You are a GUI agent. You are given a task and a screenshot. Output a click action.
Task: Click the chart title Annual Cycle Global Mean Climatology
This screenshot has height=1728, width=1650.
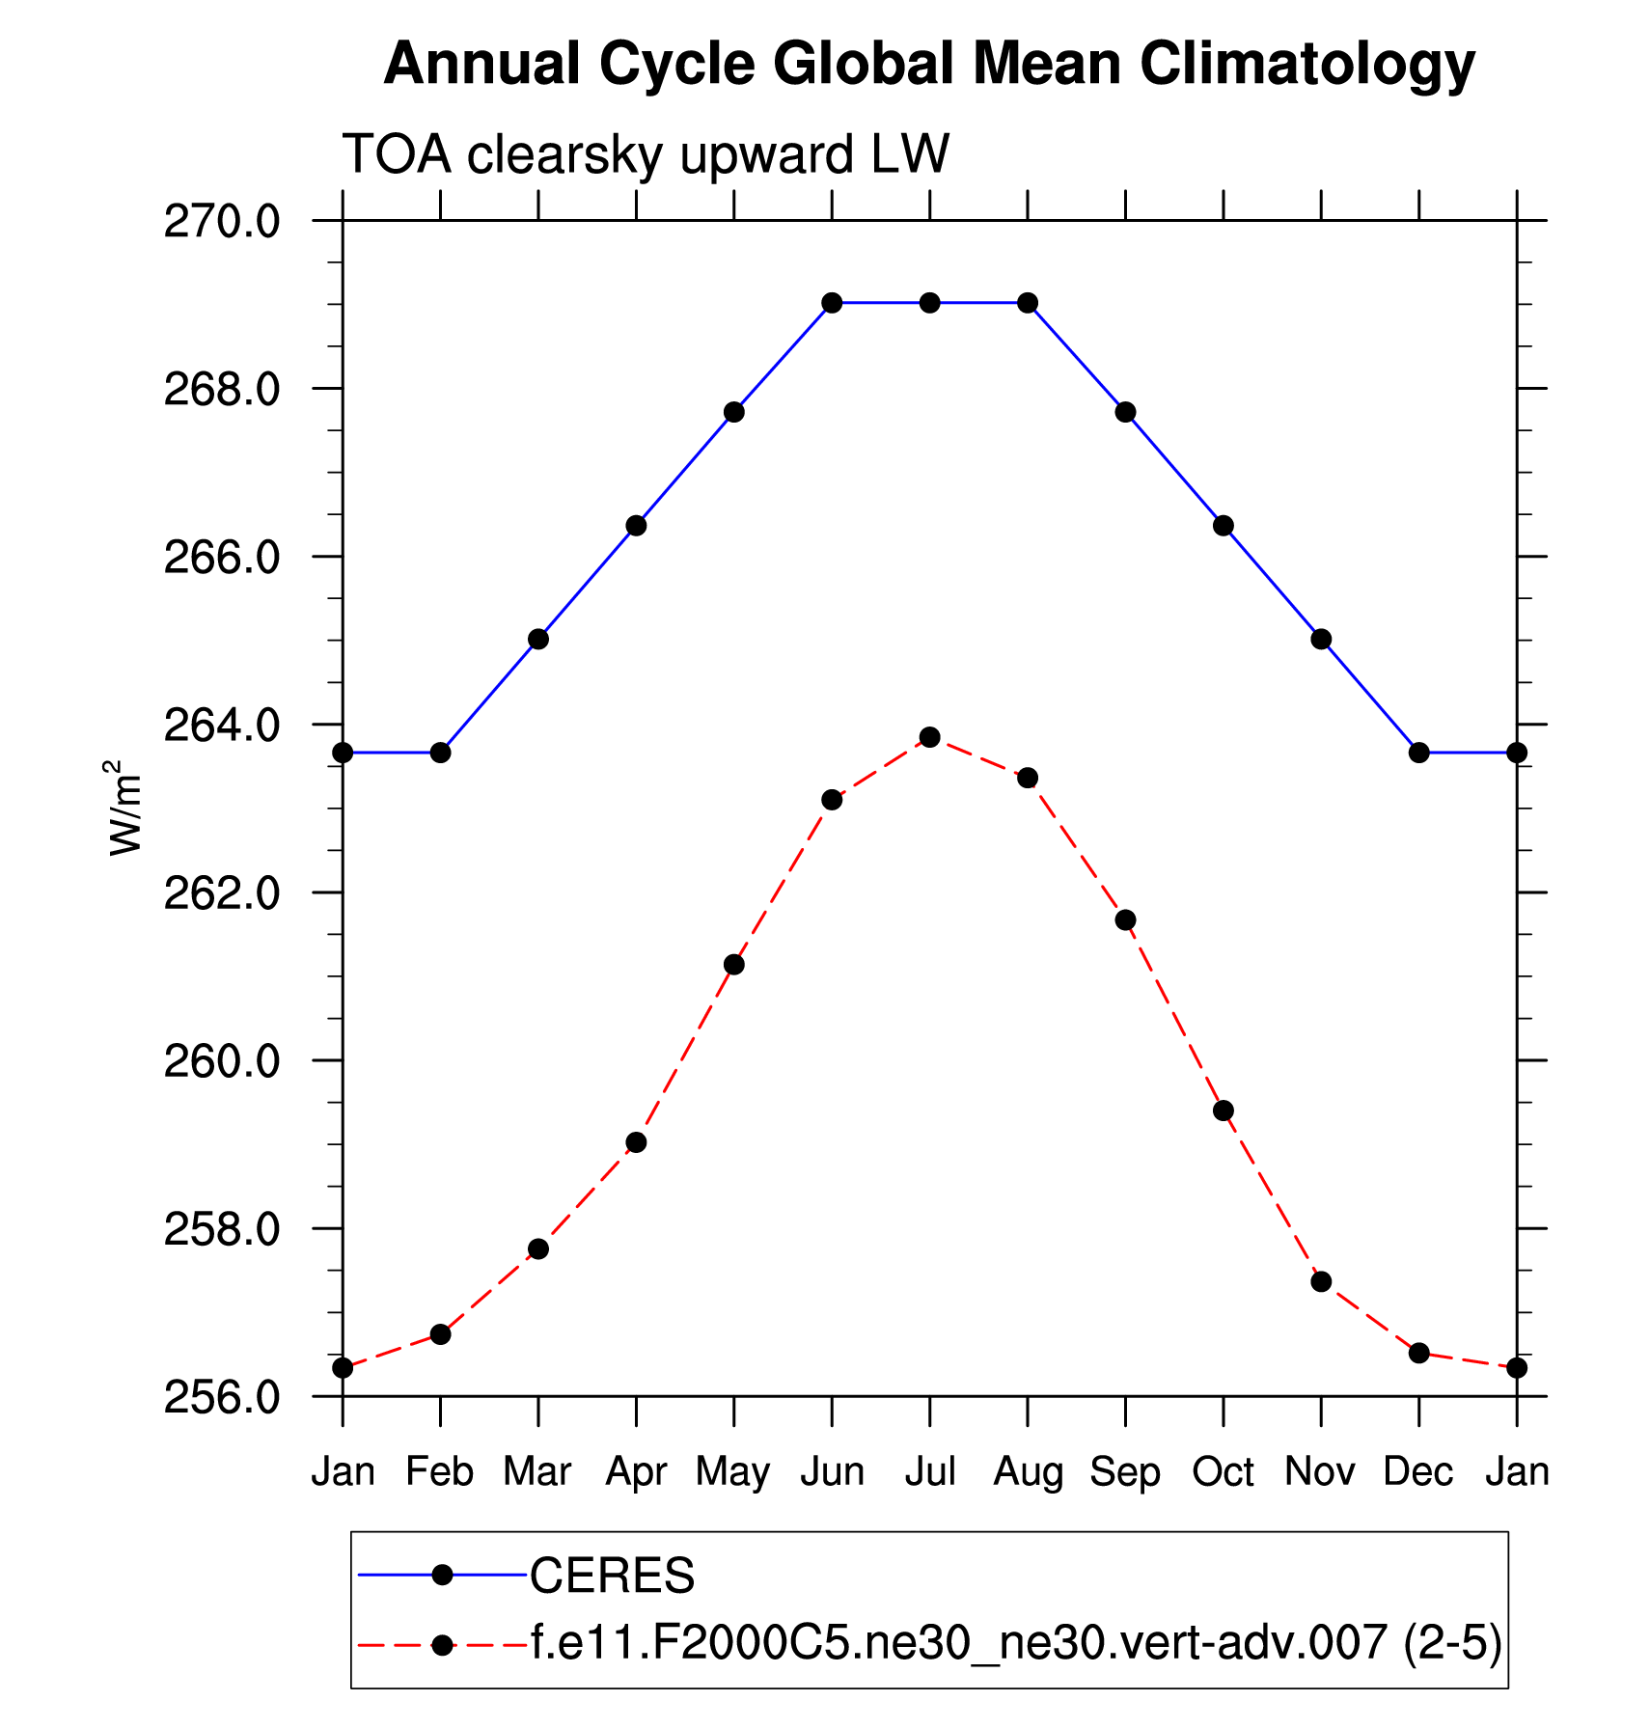[928, 66]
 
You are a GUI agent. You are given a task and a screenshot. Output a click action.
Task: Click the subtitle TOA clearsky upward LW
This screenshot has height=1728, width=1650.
[646, 154]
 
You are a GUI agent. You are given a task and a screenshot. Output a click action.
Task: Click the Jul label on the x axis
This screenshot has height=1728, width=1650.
[929, 1472]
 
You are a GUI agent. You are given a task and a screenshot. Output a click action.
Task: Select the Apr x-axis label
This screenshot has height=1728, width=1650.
[636, 1472]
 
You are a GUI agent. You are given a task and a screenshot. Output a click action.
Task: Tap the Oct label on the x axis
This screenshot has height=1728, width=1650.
[1223, 1472]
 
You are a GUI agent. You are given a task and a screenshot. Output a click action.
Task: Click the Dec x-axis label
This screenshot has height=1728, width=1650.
[1418, 1472]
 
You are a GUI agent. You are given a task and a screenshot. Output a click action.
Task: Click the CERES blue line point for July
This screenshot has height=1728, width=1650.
[929, 303]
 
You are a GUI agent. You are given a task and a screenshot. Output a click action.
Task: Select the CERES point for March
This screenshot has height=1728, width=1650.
[538, 639]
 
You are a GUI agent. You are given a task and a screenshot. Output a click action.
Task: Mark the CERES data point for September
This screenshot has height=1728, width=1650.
[1125, 412]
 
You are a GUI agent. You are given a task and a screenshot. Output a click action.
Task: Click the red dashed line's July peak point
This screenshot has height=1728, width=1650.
[929, 737]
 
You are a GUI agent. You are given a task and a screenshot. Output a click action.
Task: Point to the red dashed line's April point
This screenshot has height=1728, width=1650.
[636, 1142]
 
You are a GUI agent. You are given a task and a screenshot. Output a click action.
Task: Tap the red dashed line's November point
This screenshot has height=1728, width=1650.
[1321, 1281]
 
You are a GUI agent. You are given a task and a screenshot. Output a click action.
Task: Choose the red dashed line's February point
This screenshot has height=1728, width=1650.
[440, 1334]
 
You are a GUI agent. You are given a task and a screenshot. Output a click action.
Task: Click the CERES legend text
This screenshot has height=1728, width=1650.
[612, 1576]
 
